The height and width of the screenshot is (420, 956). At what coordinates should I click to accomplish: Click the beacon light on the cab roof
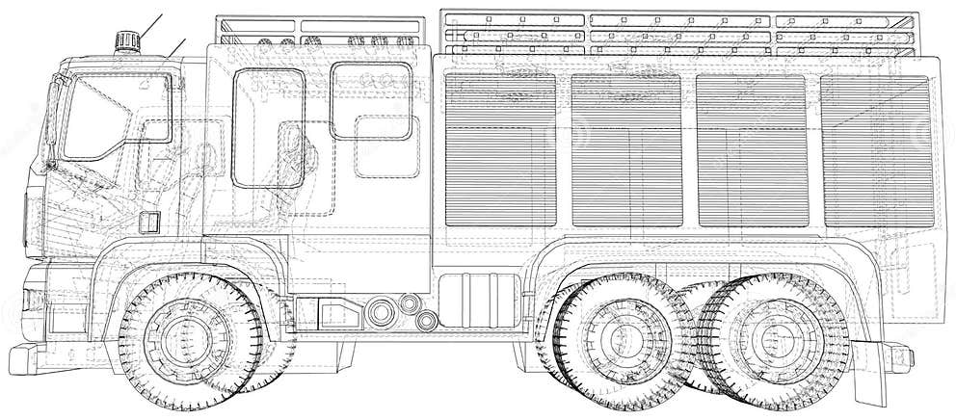click(127, 39)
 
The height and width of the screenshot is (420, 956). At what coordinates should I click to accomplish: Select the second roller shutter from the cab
click(626, 149)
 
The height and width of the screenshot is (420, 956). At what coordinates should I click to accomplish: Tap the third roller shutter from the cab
click(752, 149)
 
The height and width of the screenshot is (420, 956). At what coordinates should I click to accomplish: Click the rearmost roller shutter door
click(877, 149)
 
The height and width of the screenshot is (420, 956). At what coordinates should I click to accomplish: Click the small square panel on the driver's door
click(147, 221)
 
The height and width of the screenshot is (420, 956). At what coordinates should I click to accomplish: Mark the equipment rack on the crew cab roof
click(318, 33)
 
